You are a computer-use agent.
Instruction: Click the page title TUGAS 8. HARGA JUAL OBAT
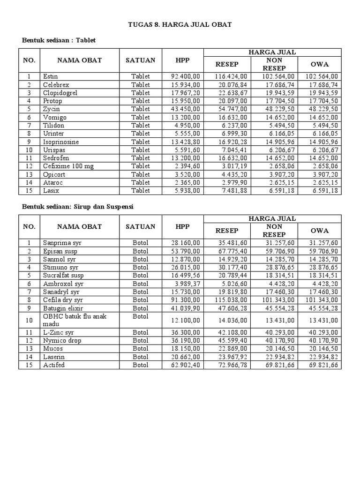[180, 24]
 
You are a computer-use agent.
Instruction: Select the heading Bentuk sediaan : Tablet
[59, 40]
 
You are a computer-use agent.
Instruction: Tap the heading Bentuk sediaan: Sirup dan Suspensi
[75, 207]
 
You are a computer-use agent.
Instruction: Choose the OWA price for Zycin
[322, 109]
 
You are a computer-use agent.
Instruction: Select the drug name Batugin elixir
[63, 308]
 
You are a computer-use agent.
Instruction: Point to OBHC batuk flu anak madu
[75, 320]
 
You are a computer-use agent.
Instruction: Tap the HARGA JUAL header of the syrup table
[273, 219]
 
